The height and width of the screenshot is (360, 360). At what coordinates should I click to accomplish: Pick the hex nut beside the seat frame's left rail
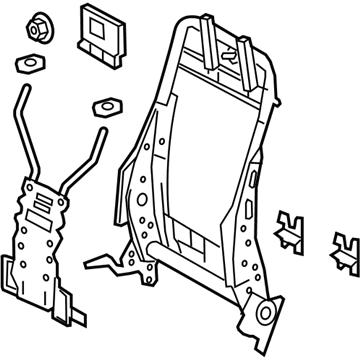tap(105, 107)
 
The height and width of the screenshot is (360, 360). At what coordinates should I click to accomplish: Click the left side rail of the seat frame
tap(140, 170)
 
